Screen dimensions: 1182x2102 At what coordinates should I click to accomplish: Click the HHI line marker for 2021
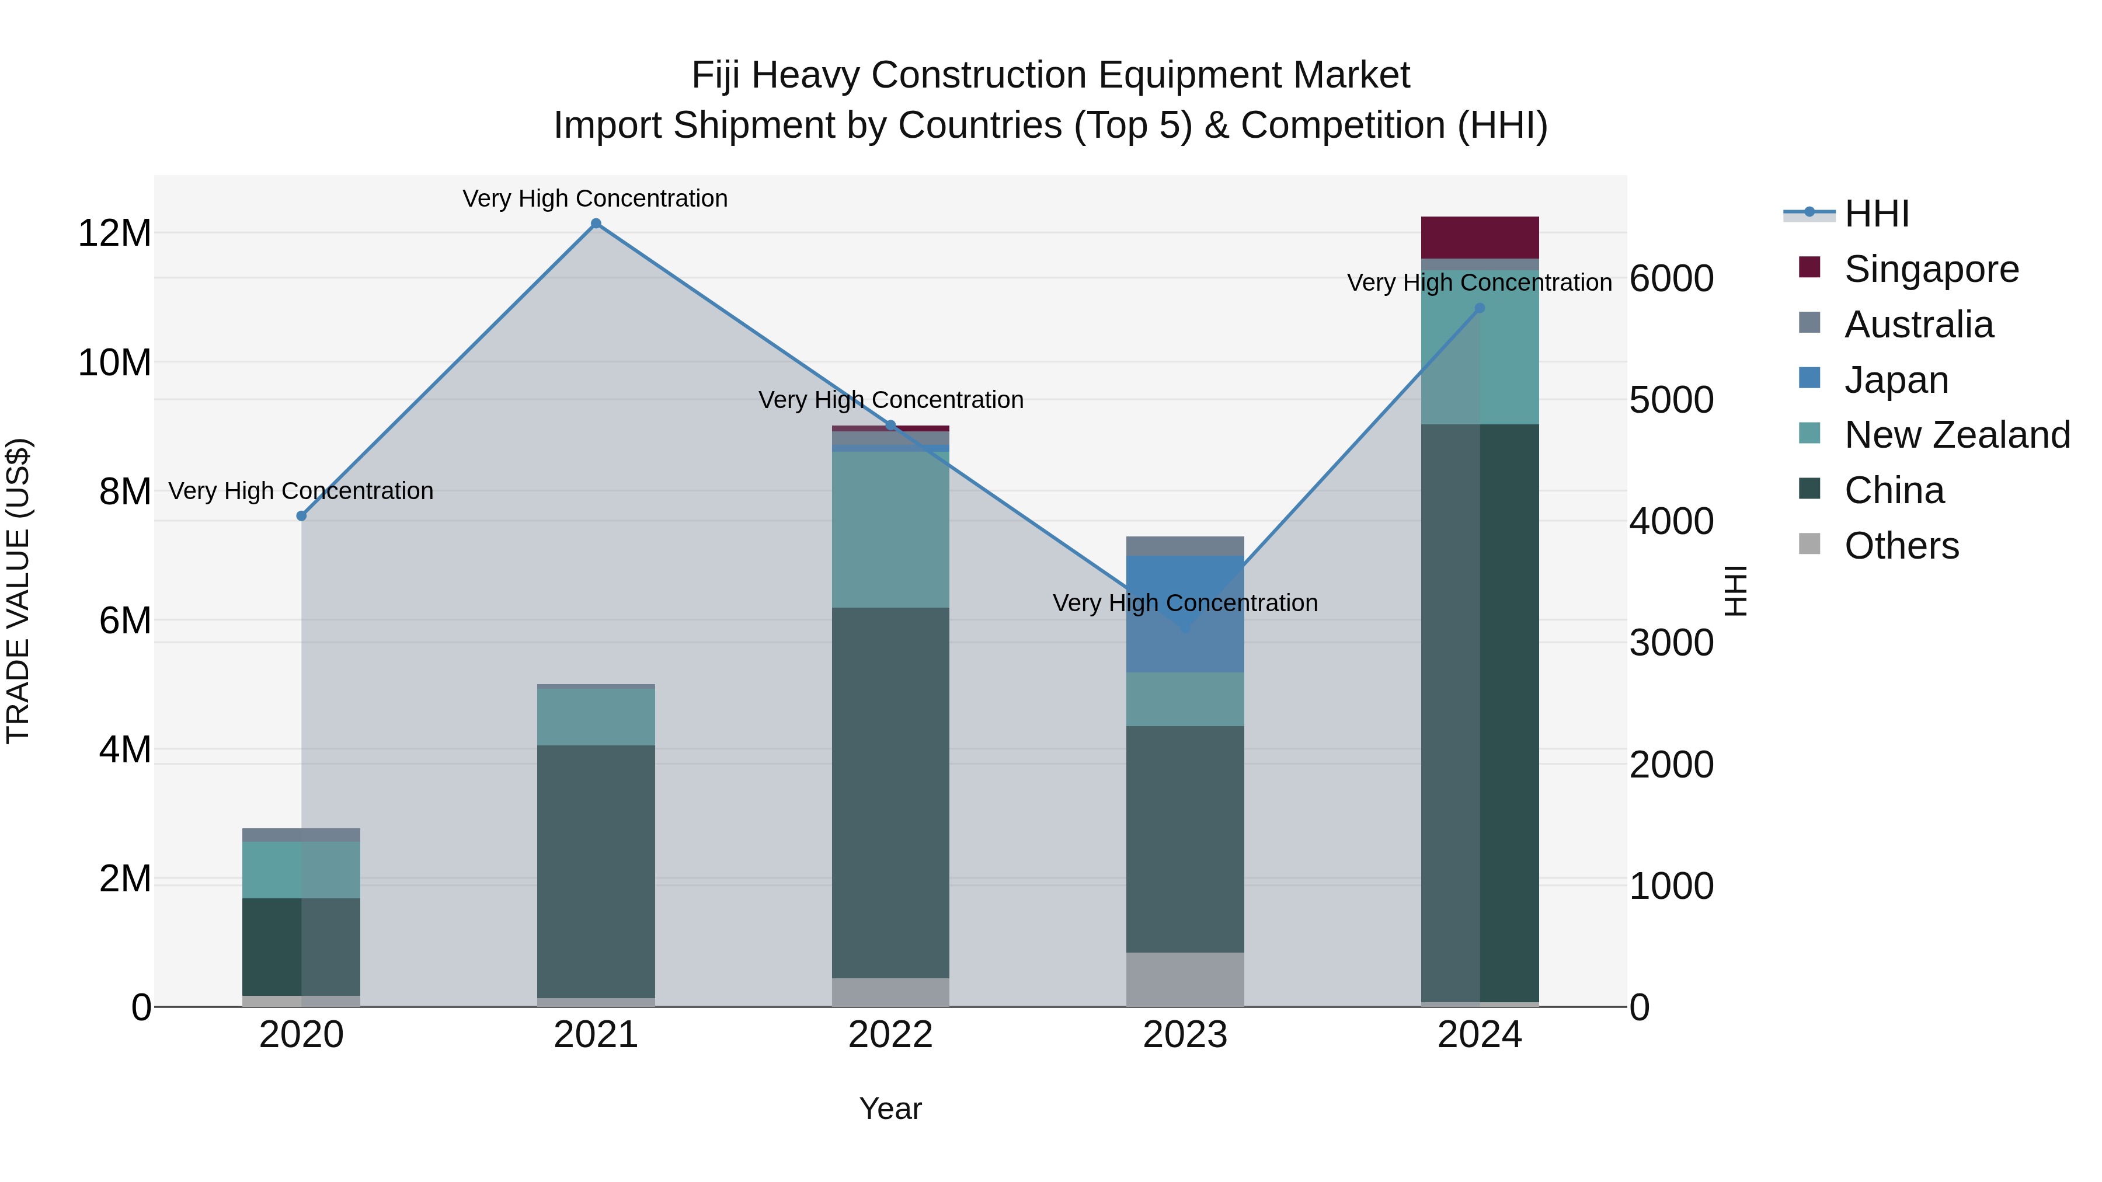coord(596,224)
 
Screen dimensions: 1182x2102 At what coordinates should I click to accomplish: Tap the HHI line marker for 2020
coord(301,515)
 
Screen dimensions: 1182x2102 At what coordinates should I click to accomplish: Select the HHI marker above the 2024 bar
coord(1480,308)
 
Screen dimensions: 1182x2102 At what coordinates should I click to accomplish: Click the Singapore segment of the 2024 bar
coord(1480,238)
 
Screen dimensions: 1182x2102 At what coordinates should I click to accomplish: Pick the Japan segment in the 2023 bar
coord(1185,613)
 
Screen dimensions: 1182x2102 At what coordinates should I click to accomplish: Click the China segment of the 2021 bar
coord(596,871)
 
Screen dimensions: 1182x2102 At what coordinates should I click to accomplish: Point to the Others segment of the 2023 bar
coord(1185,979)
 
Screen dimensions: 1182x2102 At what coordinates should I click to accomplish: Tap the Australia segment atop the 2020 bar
coord(301,835)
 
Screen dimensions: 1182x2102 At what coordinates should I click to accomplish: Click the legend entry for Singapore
coord(1931,269)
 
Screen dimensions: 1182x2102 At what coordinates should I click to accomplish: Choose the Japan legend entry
coord(1895,380)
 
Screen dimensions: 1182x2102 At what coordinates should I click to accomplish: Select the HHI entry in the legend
coord(1877,214)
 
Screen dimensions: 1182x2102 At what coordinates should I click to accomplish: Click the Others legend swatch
coord(1809,545)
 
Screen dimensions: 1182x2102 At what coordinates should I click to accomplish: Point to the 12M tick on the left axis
coord(114,234)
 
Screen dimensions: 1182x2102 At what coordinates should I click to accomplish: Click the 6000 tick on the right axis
coord(1671,279)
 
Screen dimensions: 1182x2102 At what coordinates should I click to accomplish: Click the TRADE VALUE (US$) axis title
coord(18,591)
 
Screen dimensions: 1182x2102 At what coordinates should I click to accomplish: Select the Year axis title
coord(890,1108)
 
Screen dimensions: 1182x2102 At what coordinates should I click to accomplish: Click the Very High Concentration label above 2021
coord(595,198)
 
